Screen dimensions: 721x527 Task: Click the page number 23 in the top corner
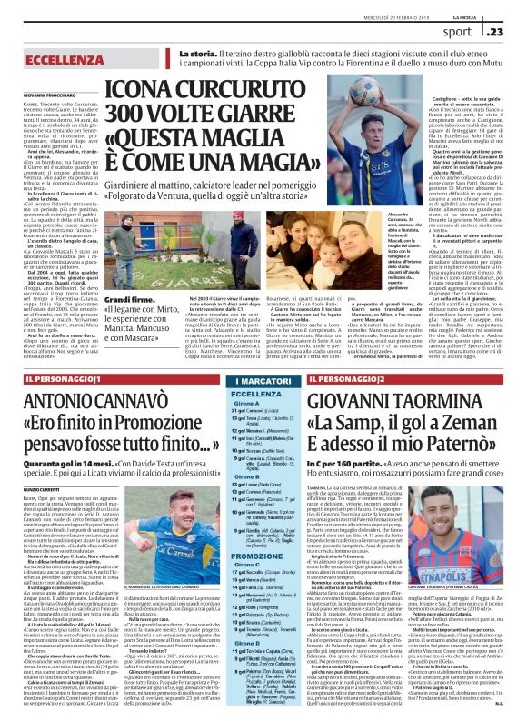[510, 33]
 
